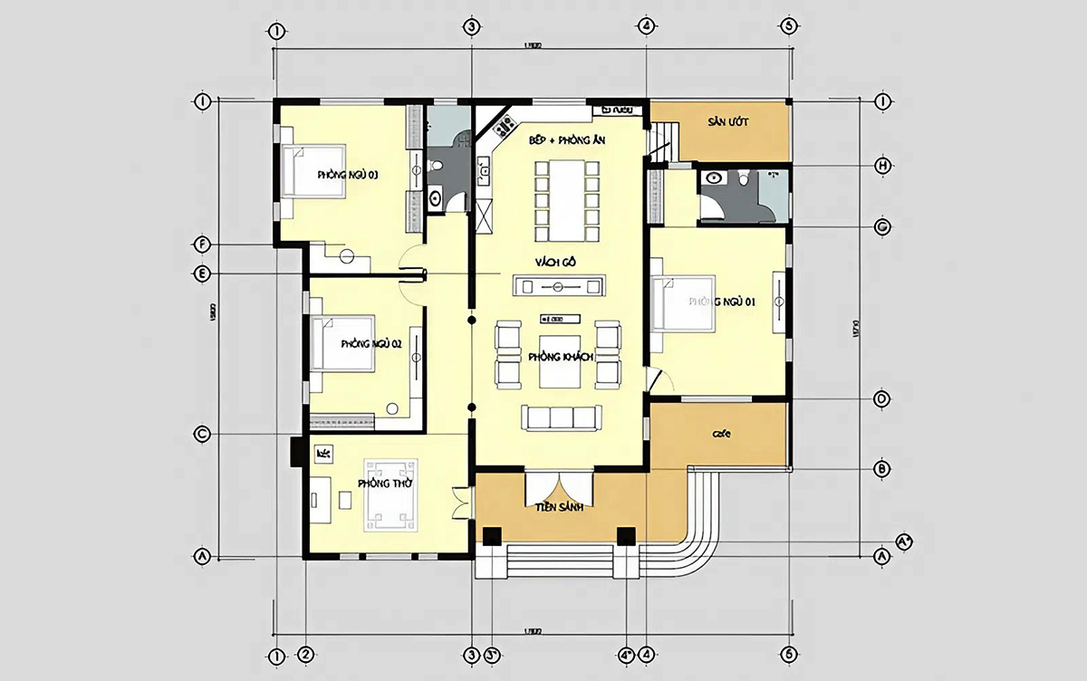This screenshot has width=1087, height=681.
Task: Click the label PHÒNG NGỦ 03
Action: coord(348,174)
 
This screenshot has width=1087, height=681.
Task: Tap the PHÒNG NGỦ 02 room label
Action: coord(370,344)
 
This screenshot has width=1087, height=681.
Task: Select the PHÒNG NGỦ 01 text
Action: coord(722,302)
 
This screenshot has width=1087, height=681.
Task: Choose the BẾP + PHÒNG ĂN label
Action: coord(561,141)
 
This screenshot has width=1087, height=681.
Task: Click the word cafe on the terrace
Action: coord(721,434)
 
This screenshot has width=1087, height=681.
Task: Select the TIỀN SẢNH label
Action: coord(558,507)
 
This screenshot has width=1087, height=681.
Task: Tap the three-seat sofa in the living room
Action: coord(560,417)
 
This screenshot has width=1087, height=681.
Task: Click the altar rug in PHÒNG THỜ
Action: coord(391,495)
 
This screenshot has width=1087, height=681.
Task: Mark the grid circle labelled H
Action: coord(880,166)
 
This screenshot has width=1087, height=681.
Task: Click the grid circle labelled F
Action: coord(203,245)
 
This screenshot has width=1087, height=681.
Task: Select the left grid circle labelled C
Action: coord(203,435)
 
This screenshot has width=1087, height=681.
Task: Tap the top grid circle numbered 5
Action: coord(789,26)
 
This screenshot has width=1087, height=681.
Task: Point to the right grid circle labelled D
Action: coord(880,398)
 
